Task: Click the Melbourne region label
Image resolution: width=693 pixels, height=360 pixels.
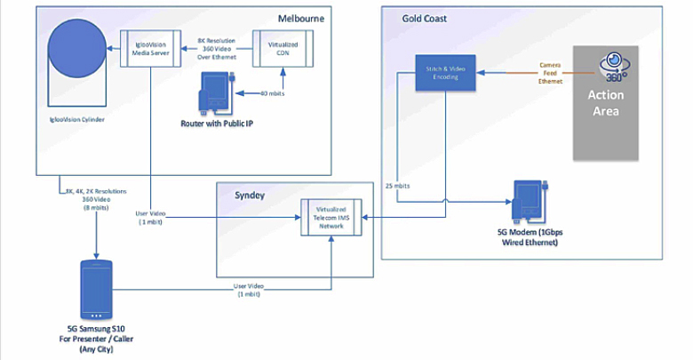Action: (299, 17)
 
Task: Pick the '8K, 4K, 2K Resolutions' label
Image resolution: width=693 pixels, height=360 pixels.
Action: (96, 191)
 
